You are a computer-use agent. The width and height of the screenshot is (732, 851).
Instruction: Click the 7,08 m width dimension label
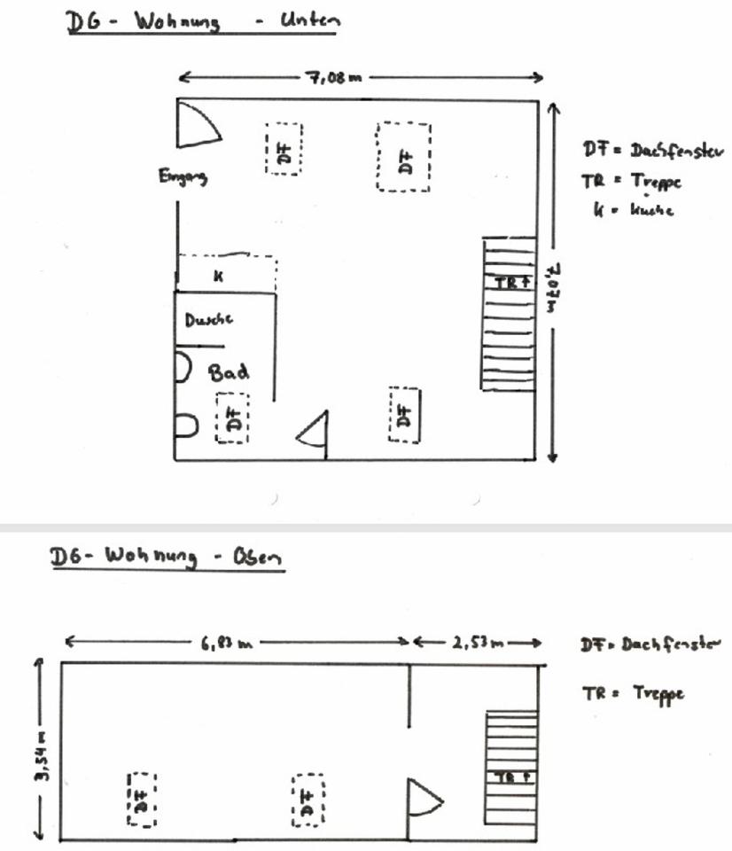point(334,77)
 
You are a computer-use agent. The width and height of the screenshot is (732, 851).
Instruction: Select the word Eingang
point(183,177)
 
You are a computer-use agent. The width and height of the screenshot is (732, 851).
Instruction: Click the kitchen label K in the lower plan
point(218,276)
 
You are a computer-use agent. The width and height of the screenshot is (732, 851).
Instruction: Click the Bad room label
point(229,371)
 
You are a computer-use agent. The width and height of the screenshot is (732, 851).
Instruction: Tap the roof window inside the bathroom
point(233,418)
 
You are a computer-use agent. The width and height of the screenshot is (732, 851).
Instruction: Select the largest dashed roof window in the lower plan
point(404,157)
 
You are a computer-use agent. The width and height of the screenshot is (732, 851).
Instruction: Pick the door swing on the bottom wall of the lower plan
point(315,433)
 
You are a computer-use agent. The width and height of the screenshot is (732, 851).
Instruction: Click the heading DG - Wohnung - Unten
point(202,22)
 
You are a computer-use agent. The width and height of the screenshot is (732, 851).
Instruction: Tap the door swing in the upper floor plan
point(423,800)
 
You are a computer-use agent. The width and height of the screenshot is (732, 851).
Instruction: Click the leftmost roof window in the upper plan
point(140,799)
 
